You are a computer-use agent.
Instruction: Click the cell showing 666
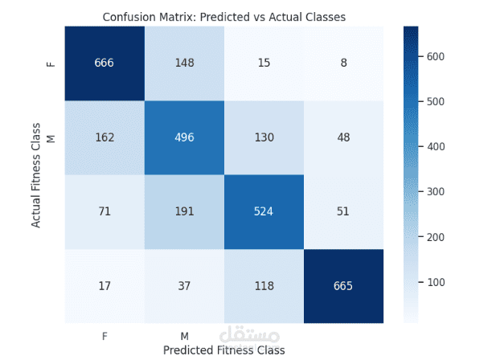(105, 63)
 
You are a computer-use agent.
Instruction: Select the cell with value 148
(184, 63)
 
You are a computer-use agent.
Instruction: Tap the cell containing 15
(264, 63)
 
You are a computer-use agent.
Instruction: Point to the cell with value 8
(343, 63)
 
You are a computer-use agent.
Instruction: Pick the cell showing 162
(105, 137)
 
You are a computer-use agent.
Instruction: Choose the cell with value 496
(184, 137)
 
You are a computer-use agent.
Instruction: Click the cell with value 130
(264, 137)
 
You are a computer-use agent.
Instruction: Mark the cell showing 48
(343, 137)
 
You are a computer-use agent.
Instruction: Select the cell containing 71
(105, 211)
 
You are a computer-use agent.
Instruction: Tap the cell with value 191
(184, 211)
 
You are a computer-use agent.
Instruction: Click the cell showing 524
(264, 211)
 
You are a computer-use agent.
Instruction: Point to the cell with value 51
(343, 211)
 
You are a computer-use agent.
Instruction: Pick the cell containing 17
(105, 285)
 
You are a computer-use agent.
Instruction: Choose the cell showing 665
(343, 285)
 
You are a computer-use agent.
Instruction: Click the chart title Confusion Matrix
(223, 17)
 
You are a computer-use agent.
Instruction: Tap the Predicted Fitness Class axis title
(223, 350)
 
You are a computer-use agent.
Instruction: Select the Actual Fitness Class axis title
(37, 174)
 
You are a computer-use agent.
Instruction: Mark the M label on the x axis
(184, 336)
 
